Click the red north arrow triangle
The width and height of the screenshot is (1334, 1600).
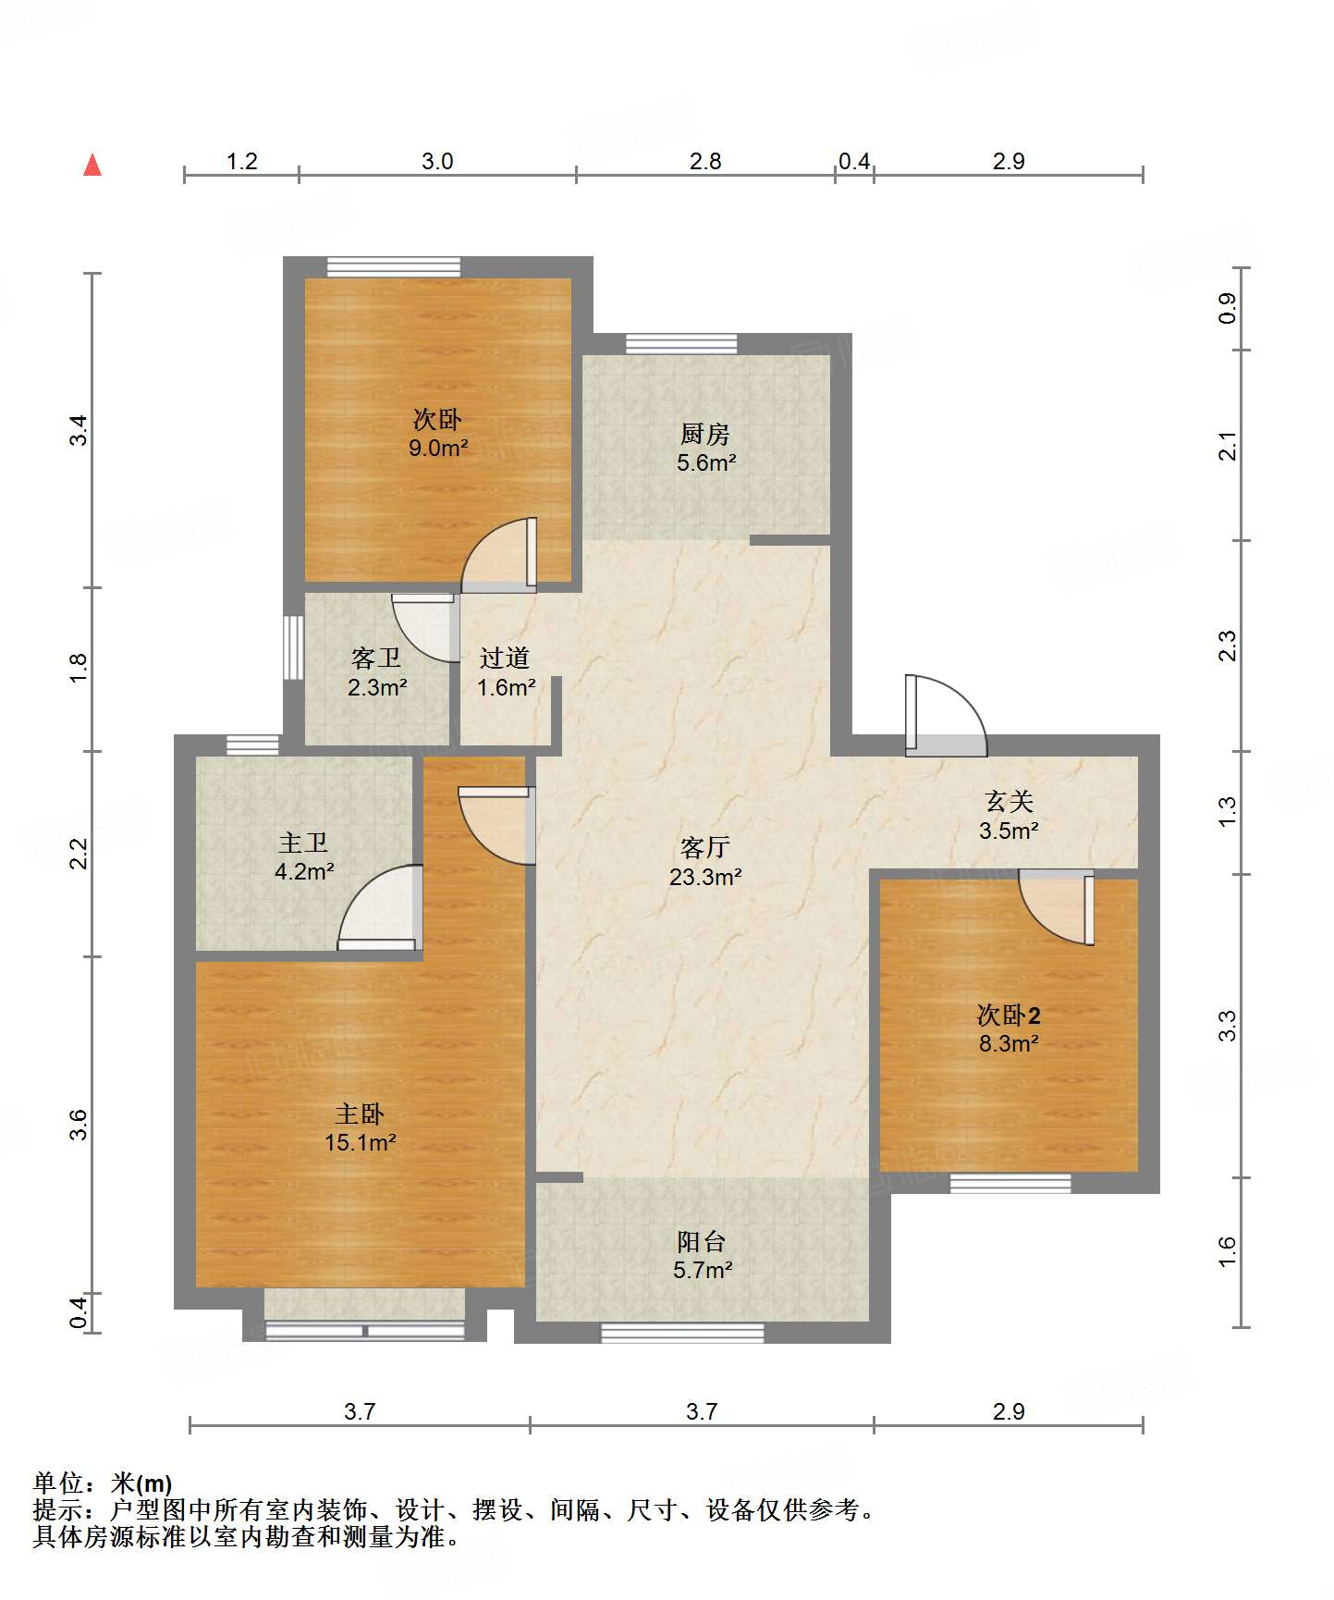coord(92,165)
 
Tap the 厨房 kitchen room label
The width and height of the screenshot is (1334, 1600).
coord(705,434)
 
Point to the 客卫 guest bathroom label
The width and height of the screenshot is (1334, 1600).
coord(376,658)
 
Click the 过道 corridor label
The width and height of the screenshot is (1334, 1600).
coord(505,658)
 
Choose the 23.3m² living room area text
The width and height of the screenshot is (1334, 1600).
coord(705,877)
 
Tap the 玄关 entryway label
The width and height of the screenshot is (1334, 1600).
coord(1009,801)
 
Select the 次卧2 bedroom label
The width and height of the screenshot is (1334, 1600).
coord(1009,1015)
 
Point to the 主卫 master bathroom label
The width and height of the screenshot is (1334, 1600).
coord(303,843)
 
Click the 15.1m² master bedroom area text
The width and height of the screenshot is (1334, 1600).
coord(361,1143)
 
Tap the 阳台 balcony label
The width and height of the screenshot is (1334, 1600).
coord(702,1241)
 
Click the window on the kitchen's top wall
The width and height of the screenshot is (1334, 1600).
coord(681,344)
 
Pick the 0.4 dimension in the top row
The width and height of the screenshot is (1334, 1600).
coord(854,161)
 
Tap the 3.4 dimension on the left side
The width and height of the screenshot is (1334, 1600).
coord(80,430)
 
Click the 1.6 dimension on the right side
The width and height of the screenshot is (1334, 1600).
coord(1227,1252)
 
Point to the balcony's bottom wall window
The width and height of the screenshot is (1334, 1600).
coord(682,1333)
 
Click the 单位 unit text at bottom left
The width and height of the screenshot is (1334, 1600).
coord(58,1483)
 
